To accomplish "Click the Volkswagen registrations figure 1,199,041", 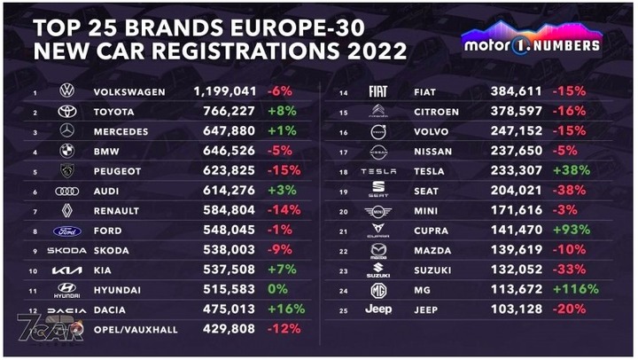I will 225,90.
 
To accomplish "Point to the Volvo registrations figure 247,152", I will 519,130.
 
